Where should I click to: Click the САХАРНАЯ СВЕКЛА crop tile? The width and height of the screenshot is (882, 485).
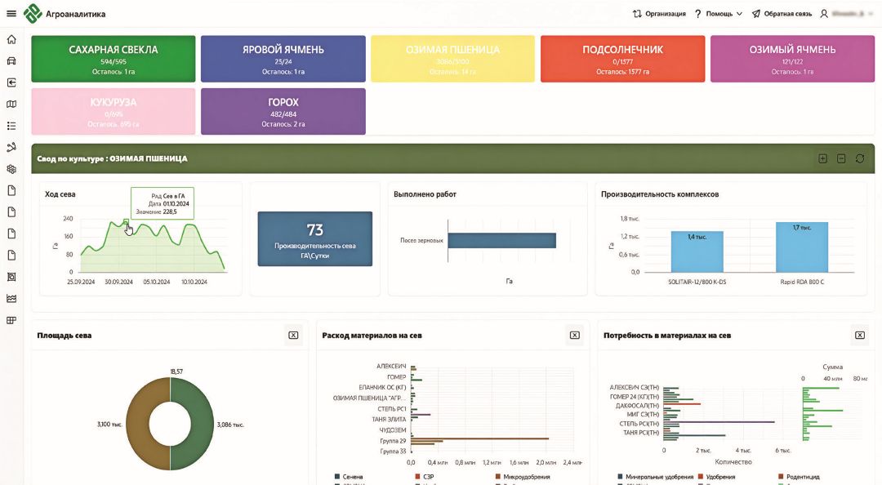point(114,58)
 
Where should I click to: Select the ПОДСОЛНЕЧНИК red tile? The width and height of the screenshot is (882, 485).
point(622,58)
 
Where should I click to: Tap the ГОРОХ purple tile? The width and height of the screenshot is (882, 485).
point(283,111)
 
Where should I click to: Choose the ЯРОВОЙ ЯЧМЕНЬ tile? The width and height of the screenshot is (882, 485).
point(283,58)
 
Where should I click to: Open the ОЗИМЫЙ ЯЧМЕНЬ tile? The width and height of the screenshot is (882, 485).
point(792,58)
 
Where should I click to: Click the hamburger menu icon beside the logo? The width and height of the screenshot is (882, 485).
point(11,13)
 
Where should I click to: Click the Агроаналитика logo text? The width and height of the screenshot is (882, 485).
point(75,14)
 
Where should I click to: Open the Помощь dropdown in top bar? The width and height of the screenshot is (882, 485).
point(719,14)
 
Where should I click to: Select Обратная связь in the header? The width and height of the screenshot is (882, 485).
point(782,14)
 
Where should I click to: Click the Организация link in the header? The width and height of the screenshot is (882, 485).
point(659,14)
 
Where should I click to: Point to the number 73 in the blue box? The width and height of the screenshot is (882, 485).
point(314,230)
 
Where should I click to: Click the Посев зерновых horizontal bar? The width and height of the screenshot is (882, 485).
point(501,240)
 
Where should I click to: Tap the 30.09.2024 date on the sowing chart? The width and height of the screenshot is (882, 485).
point(118,282)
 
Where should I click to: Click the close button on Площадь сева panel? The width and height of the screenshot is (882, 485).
point(293,335)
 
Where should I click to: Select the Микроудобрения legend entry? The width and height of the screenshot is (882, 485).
point(522,477)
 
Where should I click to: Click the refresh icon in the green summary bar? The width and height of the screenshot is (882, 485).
point(860,158)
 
